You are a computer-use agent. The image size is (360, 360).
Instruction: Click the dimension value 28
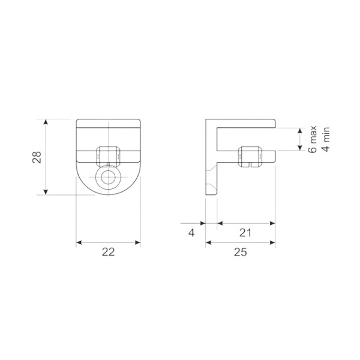click(37, 157)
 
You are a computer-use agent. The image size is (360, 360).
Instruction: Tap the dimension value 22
click(108, 252)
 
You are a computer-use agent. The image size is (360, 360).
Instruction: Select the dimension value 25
click(241, 252)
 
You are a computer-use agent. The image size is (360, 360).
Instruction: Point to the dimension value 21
click(245, 233)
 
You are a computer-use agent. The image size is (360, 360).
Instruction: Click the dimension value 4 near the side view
click(191, 233)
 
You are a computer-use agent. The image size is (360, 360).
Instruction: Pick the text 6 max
click(313, 139)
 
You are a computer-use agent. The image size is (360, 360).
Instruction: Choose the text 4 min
click(326, 139)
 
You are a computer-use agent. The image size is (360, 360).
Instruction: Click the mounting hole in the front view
click(108, 177)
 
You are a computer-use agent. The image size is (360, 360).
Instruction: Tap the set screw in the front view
click(108, 156)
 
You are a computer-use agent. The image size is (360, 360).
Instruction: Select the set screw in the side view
click(250, 157)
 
